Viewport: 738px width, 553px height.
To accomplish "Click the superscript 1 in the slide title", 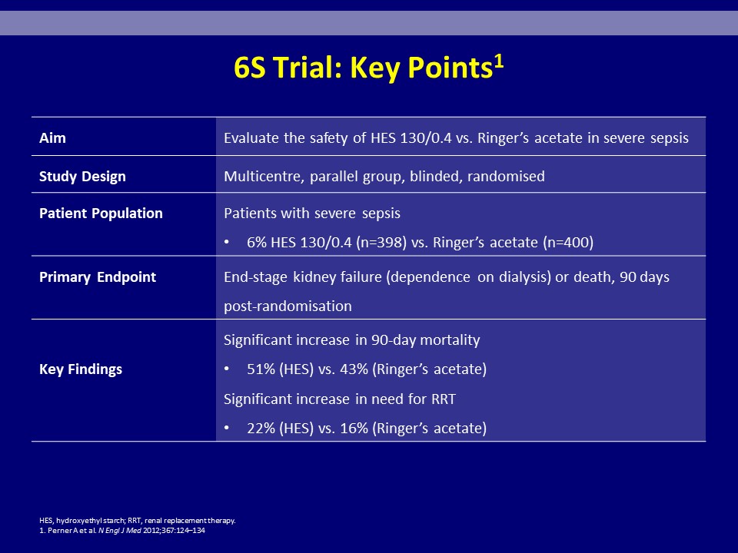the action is pos(498,61).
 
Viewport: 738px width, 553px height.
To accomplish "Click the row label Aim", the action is pos(53,137).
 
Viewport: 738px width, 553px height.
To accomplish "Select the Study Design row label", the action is pos(82,177).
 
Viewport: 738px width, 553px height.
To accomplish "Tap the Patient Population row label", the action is pos(101,213).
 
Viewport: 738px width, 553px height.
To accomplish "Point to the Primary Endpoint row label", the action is pos(98,277).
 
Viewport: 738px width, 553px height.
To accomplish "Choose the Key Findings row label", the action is pos(81,369).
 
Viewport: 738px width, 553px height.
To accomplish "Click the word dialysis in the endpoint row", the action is pos(525,277).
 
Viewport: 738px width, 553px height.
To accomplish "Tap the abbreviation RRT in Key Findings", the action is pos(444,399).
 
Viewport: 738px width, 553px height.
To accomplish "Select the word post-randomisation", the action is pos(288,306).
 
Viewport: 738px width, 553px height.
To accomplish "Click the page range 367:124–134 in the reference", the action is pos(183,531).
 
